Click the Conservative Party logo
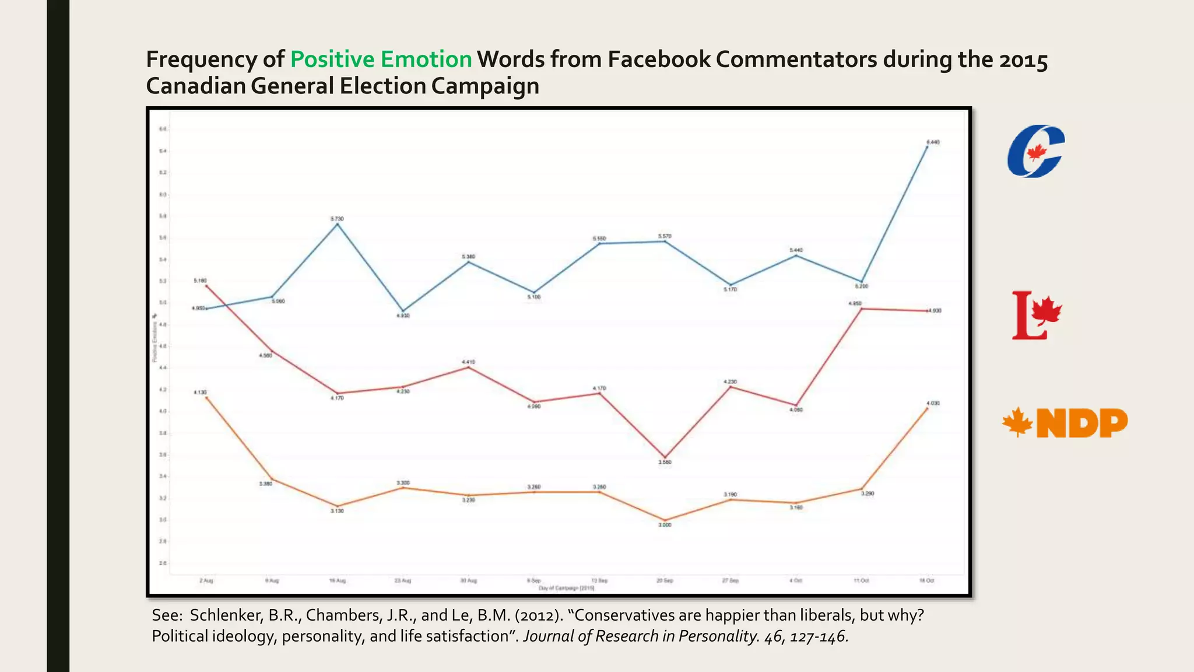click(x=1035, y=151)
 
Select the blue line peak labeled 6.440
click(x=927, y=146)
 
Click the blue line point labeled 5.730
click(x=337, y=224)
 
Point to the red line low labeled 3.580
click(x=665, y=457)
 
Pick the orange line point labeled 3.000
click(x=665, y=520)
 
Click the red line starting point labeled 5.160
click(x=206, y=286)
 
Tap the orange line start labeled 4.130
click(x=206, y=397)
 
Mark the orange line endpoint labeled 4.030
click(x=927, y=408)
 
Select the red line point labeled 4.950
click(x=861, y=309)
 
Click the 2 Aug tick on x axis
click(x=206, y=580)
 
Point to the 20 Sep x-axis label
click(x=665, y=580)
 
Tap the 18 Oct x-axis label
click(x=926, y=580)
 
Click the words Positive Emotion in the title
click(x=381, y=60)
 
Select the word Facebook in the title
click(x=658, y=60)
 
